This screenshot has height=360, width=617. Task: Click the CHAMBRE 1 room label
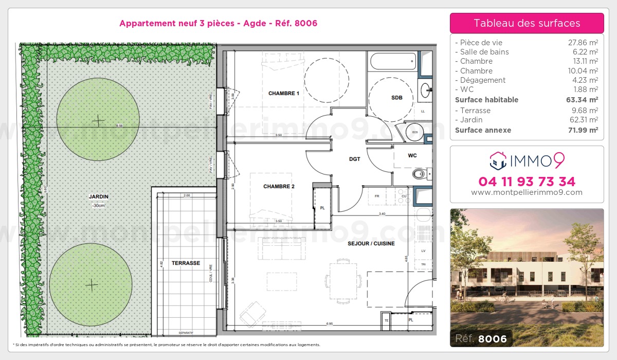pyautogui.click(x=283, y=94)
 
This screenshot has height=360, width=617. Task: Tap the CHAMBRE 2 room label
pyautogui.click(x=279, y=187)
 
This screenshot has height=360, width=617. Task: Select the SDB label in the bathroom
pyautogui.click(x=396, y=98)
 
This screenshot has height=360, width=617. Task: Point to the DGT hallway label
pyautogui.click(x=354, y=159)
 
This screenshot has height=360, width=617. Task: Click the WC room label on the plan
pyautogui.click(x=412, y=155)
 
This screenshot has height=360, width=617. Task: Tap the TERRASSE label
pyautogui.click(x=186, y=263)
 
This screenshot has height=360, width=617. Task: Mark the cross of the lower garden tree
pyautogui.click(x=92, y=284)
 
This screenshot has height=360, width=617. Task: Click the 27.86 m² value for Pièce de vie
pyautogui.click(x=583, y=43)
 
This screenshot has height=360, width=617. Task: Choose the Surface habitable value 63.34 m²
pyautogui.click(x=582, y=100)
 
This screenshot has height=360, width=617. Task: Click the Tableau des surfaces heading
pyautogui.click(x=527, y=23)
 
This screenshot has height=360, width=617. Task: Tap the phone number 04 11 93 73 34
pyautogui.click(x=527, y=182)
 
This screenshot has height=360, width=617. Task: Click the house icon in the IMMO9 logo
pyautogui.click(x=497, y=161)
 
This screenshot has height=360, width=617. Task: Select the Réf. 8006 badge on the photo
pyautogui.click(x=481, y=338)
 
